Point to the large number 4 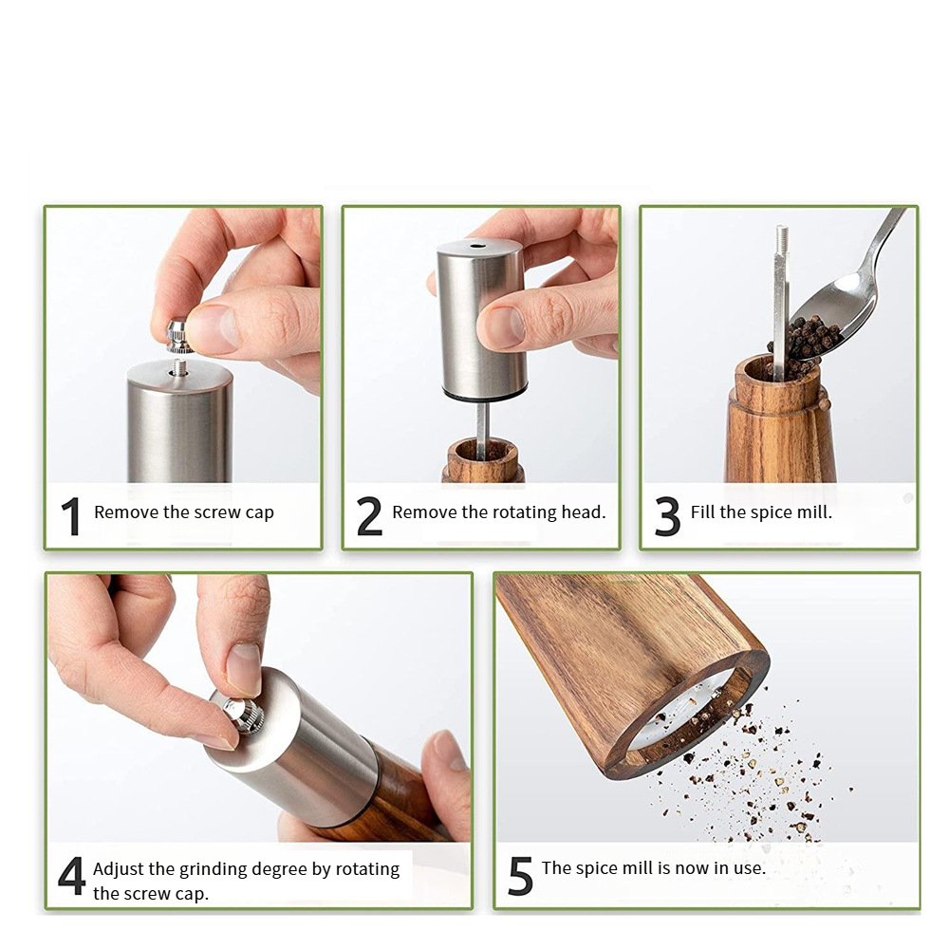click(71, 877)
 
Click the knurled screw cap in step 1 click(177, 335)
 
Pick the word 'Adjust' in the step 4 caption click(121, 869)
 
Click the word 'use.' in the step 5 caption click(747, 867)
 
